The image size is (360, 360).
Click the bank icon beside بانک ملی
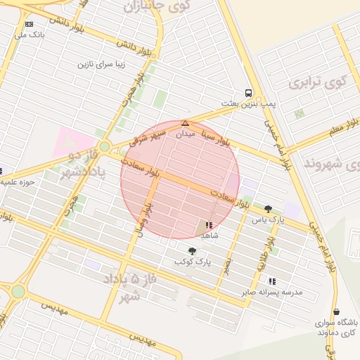click(29, 24)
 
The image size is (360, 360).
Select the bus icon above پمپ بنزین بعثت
click(248, 93)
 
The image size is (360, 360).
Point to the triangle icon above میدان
click(185, 123)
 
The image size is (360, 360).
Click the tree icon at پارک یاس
click(268, 209)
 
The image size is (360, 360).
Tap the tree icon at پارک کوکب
click(192, 251)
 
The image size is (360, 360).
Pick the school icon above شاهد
click(209, 225)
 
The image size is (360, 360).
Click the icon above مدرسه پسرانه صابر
click(272, 281)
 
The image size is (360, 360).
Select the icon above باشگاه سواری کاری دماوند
click(336, 311)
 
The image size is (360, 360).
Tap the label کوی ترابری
click(318, 82)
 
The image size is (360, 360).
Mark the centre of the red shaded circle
click(180, 179)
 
